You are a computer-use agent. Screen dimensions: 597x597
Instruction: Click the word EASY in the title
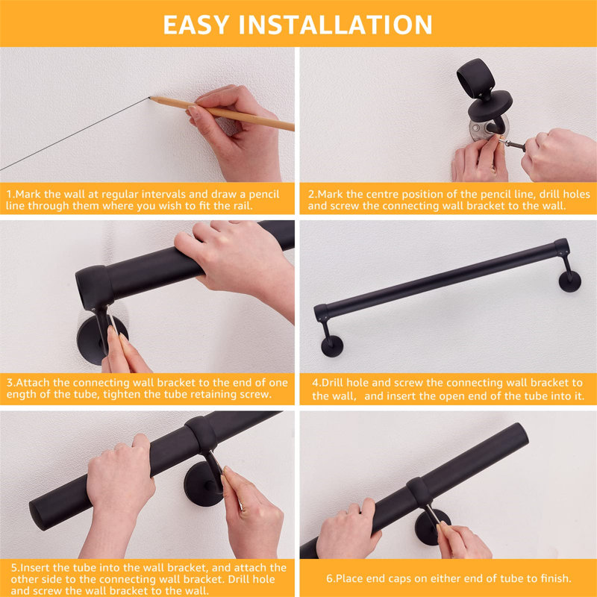coord(196,25)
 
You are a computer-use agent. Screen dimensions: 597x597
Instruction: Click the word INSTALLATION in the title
coord(335,25)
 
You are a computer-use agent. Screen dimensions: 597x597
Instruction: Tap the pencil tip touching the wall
coord(150,98)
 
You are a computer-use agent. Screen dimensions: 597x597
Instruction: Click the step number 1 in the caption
coord(9,194)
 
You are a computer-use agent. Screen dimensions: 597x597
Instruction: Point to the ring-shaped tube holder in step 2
coord(475,78)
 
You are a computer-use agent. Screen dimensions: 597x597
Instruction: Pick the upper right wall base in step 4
coord(569,281)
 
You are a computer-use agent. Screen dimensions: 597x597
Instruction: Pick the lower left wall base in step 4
coord(332,346)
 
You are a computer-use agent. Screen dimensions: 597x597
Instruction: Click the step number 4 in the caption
coord(314,383)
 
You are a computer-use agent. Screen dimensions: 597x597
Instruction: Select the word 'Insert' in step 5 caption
coord(32,568)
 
